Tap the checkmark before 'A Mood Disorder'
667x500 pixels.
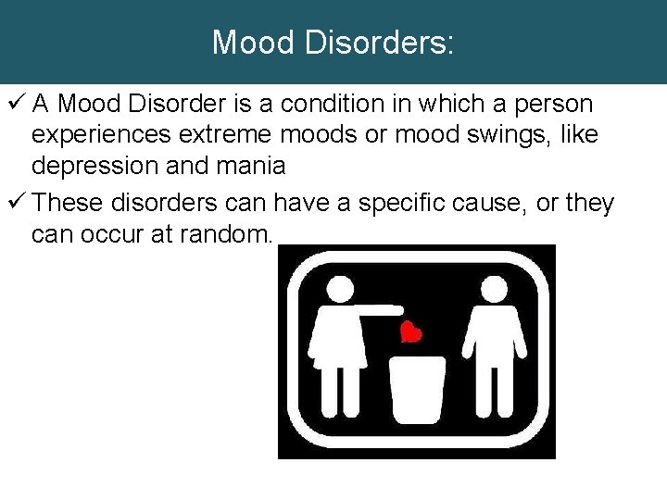click(x=14, y=104)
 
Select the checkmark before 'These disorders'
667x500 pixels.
click(x=14, y=203)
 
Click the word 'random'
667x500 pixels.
click(x=223, y=235)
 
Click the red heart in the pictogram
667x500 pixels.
click(x=410, y=331)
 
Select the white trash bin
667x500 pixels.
click(x=417, y=389)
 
